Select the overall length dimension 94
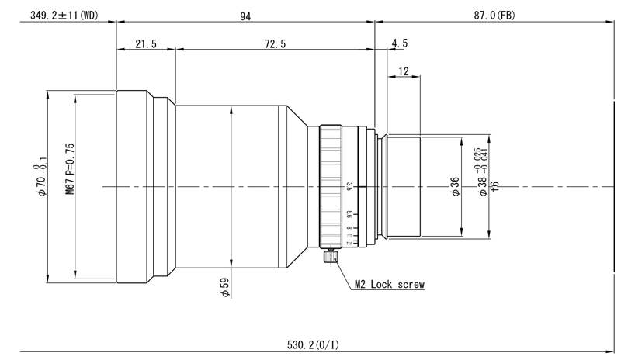245,15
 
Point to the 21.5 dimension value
145,44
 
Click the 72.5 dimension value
275,44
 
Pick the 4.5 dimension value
400,44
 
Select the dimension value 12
403,71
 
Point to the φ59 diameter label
225,288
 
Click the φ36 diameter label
456,186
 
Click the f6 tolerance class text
494,186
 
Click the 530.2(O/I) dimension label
307,344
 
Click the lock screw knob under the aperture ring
331,256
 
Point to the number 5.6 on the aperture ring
350,215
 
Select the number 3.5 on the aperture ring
350,186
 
